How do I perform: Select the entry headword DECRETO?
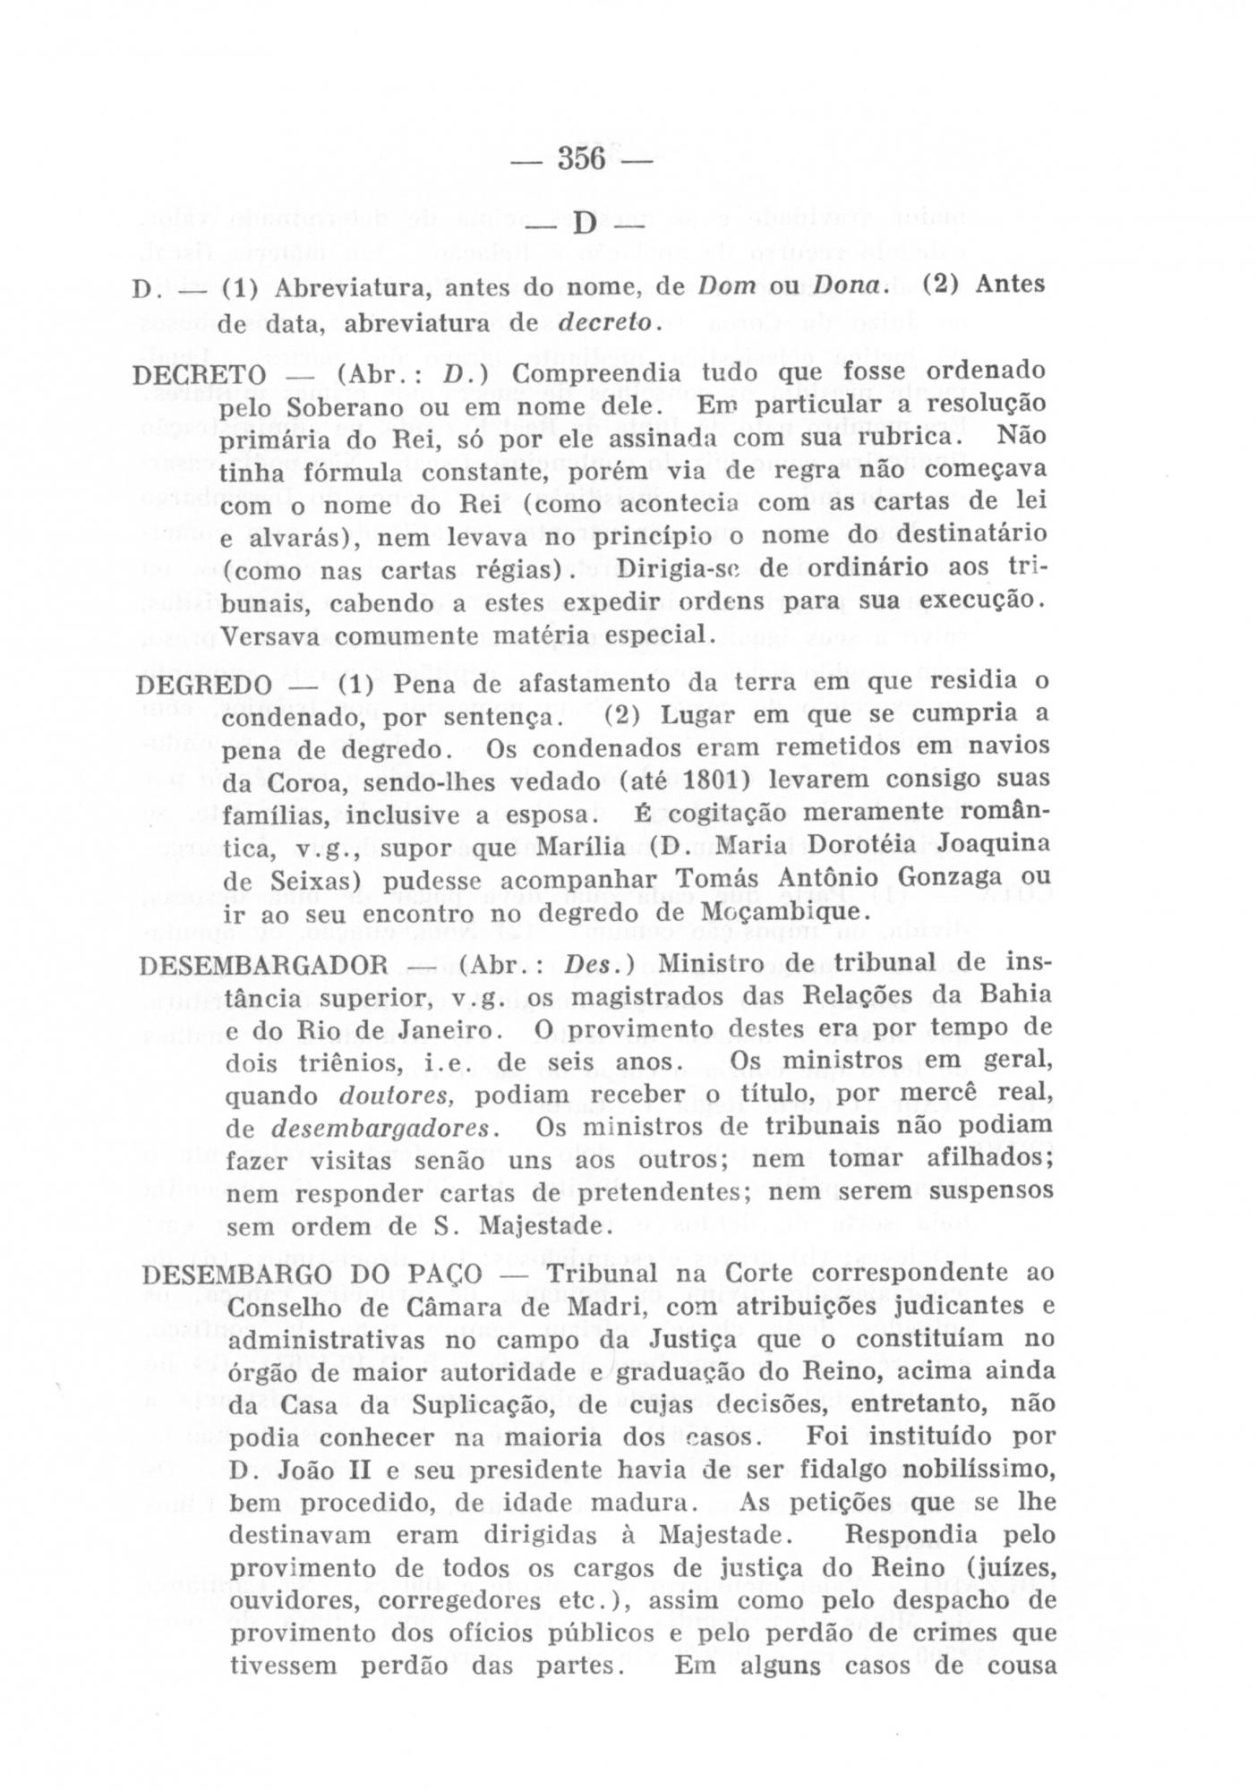199,374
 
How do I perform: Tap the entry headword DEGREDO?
203,685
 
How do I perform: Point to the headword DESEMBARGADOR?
264,967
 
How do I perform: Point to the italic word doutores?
399,1095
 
